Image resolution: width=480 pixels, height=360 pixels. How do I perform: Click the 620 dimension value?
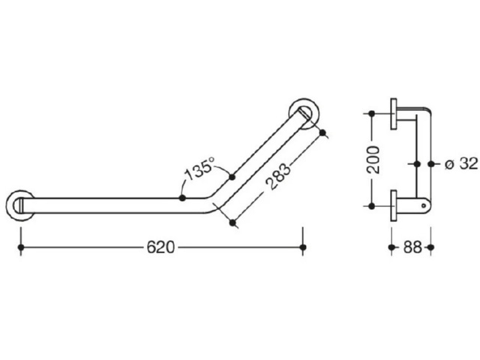tap(160, 247)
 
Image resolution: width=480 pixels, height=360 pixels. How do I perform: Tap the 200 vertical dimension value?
tap(373, 160)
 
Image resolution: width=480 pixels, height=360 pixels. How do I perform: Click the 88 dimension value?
tap(412, 247)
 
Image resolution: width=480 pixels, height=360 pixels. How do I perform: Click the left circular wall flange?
tap(19, 205)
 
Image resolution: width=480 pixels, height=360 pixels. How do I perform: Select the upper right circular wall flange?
tap(304, 114)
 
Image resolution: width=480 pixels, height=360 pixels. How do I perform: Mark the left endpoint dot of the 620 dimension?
tap(21, 247)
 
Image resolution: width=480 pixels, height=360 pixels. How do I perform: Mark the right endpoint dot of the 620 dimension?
tap(303, 247)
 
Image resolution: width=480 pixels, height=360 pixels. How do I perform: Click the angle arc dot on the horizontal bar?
tap(182, 198)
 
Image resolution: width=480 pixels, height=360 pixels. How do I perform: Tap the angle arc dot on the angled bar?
tap(232, 177)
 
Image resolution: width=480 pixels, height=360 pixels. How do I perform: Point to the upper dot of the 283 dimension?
tap(322, 132)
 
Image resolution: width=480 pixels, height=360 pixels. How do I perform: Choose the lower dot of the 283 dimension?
tap(232, 223)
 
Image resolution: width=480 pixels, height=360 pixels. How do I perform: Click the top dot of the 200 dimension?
tap(372, 113)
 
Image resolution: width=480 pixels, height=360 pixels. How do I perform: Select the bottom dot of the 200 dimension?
tap(372, 206)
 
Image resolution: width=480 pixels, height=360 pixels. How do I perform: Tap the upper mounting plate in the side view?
tap(393, 114)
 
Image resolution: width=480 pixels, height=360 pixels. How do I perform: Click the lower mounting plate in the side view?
tap(393, 205)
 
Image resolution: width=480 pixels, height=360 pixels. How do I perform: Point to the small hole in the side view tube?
tap(424, 205)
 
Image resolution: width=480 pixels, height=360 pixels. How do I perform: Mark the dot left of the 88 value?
tap(391, 247)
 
